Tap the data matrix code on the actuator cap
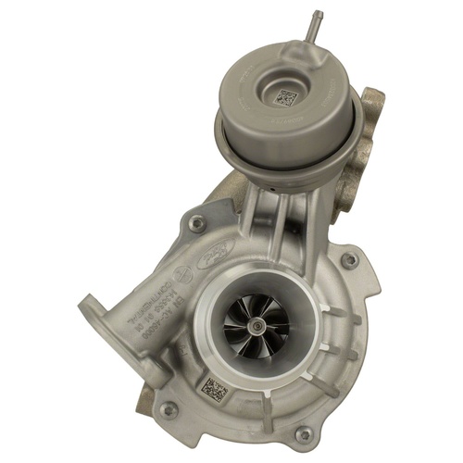(x=286, y=96)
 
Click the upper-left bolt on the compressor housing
(x=195, y=222)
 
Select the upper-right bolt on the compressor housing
(x=349, y=260)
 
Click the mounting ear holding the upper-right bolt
(x=357, y=264)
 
